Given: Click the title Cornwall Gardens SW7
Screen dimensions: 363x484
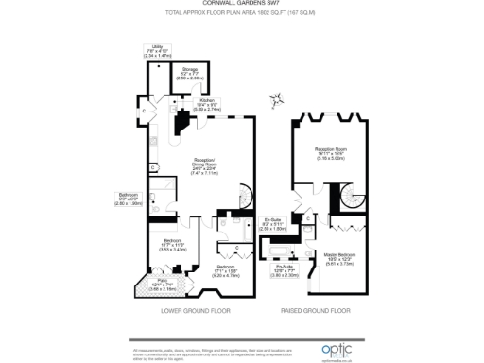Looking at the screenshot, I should pos(241,4).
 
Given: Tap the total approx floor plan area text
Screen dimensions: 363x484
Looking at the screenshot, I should pos(241,13).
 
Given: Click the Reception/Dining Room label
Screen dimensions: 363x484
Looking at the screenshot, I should pos(205,169).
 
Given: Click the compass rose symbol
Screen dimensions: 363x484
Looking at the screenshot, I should pos(278,97).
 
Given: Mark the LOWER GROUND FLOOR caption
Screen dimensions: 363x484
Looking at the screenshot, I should pos(196,309).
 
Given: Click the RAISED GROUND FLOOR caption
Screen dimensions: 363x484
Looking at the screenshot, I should pos(328,309).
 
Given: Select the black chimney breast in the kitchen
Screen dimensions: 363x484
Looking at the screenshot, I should pos(181,122).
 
